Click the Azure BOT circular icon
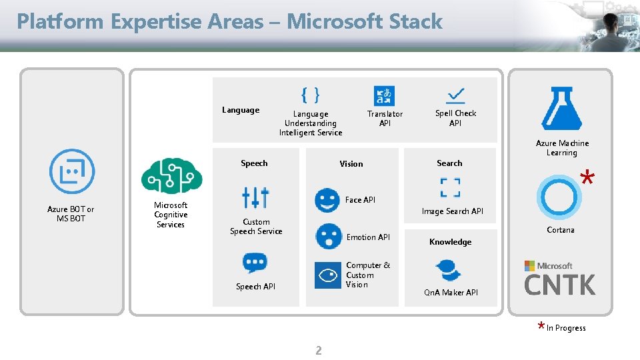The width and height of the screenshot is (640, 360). pyautogui.click(x=72, y=171)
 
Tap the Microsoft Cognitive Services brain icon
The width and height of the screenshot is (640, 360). pyautogui.click(x=171, y=176)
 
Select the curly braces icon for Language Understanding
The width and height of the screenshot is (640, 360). pyautogui.click(x=310, y=95)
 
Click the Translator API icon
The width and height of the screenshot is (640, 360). pyautogui.click(x=384, y=95)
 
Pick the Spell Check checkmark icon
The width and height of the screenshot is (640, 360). pyautogui.click(x=456, y=95)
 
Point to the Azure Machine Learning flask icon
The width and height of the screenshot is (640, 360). pyautogui.click(x=561, y=109)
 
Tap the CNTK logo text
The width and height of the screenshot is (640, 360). pyautogui.click(x=559, y=285)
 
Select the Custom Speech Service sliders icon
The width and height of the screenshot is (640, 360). pyautogui.click(x=255, y=197)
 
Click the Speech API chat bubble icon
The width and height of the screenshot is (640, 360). pyautogui.click(x=255, y=263)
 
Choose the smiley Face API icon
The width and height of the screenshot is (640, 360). pyautogui.click(x=327, y=201)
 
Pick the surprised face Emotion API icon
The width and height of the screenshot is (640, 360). pyautogui.click(x=328, y=236)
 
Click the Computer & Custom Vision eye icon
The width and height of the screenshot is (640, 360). pyautogui.click(x=327, y=275)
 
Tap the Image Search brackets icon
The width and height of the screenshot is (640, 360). pyautogui.click(x=450, y=187)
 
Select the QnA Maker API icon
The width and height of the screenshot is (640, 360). pyautogui.click(x=449, y=271)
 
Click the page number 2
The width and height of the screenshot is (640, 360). pyautogui.click(x=318, y=351)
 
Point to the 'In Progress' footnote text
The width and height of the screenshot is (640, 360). pyautogui.click(x=565, y=328)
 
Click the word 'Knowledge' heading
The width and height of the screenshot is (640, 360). pyautogui.click(x=450, y=242)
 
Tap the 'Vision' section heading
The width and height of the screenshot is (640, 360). pyautogui.click(x=351, y=164)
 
